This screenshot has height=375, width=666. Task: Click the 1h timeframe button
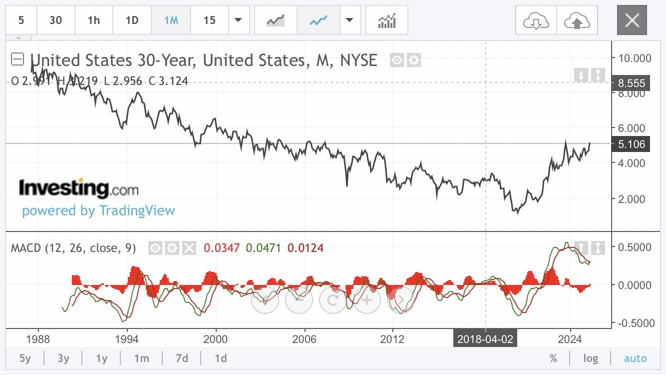coord(93,20)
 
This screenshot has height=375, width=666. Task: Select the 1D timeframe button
coord(132,20)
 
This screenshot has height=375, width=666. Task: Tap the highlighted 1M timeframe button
coord(171,20)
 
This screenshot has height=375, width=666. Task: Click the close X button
coord(632,20)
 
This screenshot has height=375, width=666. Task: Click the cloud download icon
coord(536,20)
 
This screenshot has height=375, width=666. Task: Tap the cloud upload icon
coord(577,20)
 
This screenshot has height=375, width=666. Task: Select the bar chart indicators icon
coord(386,20)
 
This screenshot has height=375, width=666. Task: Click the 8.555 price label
coord(632,83)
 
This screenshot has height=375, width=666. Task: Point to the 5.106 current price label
coord(632,144)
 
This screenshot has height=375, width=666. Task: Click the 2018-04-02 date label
coord(485,339)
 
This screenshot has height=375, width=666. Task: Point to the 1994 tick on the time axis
coord(127,339)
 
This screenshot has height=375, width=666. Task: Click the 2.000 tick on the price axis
coord(632,199)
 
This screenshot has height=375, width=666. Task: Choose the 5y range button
coord(25,358)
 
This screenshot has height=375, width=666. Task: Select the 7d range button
coord(182,358)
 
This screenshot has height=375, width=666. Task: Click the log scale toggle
coord(591,358)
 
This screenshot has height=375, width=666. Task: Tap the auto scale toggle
coord(635,358)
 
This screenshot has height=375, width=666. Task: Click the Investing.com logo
coord(78,188)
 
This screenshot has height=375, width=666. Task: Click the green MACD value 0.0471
coord(261,247)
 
